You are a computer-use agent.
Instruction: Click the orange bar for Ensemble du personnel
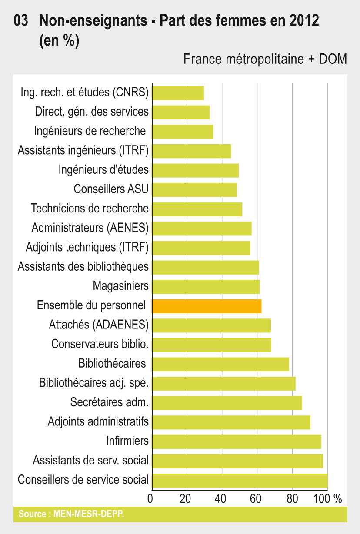click(207, 306)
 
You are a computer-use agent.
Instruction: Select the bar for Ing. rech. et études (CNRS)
click(178, 93)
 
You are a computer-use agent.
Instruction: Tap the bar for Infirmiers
click(237, 441)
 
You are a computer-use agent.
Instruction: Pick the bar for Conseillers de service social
click(240, 480)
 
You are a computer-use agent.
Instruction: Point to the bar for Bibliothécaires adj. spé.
click(223, 383)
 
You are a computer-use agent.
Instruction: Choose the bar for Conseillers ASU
click(194, 190)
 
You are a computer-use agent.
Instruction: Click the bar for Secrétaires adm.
click(227, 403)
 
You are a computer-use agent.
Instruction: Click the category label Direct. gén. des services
click(92, 112)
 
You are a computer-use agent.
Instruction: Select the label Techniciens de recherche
click(90, 209)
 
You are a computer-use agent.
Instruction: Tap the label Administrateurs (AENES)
click(90, 228)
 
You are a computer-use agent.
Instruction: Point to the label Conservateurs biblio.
click(100, 344)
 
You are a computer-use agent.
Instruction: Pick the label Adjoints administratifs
click(98, 421)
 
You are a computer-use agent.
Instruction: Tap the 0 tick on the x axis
click(150, 498)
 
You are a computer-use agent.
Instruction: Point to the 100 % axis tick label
click(329, 498)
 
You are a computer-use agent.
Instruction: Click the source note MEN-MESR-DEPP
click(71, 514)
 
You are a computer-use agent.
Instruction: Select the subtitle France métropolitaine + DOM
click(265, 59)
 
